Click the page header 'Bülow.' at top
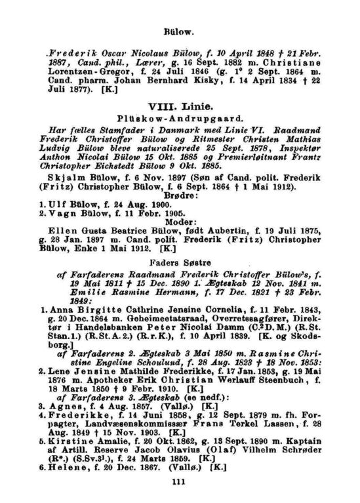tap(180, 30)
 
